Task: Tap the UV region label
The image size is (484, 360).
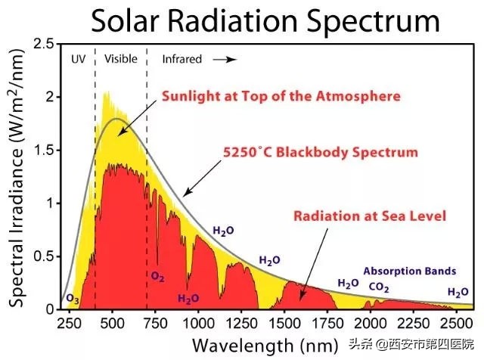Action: pos(77,58)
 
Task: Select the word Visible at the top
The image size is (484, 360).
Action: pos(120,58)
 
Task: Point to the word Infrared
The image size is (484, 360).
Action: pos(182,58)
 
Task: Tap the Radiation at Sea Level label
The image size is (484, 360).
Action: pos(370,216)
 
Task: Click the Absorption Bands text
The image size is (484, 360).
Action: pos(410,270)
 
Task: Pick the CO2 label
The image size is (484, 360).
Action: pos(380,287)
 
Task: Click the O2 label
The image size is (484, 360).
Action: pos(157,277)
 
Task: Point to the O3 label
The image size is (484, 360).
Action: pos(73,299)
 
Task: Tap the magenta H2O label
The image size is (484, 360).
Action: pos(188,299)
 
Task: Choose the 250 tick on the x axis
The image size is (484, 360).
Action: pos(69,324)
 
